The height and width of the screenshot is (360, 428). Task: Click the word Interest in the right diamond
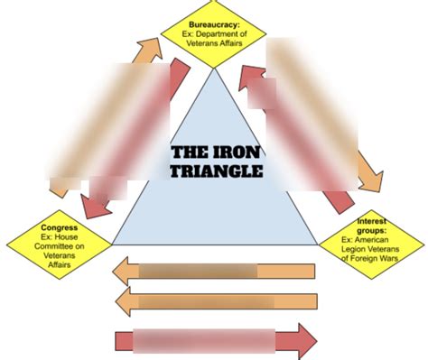click(372, 221)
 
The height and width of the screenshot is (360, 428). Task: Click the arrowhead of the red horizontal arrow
click(304, 341)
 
